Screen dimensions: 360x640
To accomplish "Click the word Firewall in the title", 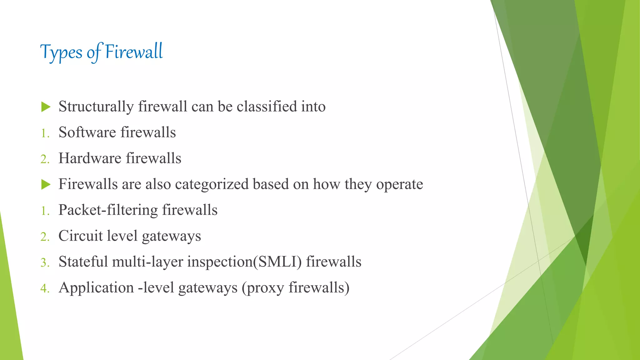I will tap(134, 52).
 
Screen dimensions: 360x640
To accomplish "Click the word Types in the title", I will tap(61, 52).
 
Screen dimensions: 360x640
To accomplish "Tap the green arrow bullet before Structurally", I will tap(46, 107).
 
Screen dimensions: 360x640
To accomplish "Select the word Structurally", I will tap(96, 107).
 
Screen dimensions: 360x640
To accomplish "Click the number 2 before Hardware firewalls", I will tap(44, 159).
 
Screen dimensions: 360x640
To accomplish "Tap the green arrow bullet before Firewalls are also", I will tap(46, 184).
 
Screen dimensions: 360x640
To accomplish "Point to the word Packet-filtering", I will tap(108, 210).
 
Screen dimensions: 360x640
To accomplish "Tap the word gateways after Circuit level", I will tap(171, 237).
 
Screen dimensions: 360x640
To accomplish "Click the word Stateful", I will tap(83, 262).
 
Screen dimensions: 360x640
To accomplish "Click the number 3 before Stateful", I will tap(44, 262).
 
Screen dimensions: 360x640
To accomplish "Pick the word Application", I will tap(96, 288).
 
